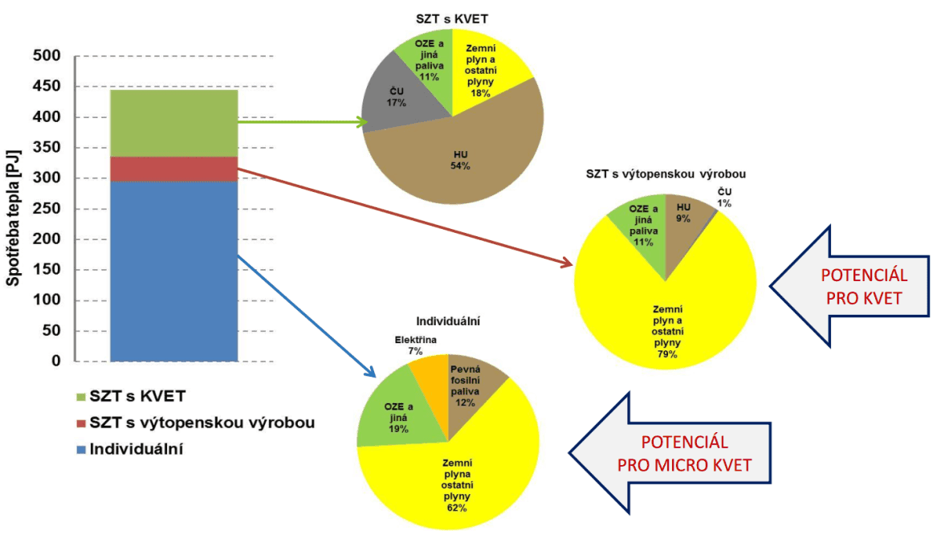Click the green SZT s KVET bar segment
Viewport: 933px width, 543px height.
click(173, 123)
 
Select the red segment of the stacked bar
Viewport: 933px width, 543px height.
click(173, 169)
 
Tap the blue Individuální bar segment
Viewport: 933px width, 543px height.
click(173, 271)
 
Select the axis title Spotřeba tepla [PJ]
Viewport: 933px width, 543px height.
click(14, 208)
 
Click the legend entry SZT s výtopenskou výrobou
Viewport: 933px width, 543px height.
click(201, 423)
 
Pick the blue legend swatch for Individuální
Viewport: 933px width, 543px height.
click(79, 450)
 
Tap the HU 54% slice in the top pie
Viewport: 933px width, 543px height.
click(459, 161)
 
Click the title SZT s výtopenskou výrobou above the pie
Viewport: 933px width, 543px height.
click(668, 174)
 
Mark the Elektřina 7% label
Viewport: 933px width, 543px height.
click(415, 345)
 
